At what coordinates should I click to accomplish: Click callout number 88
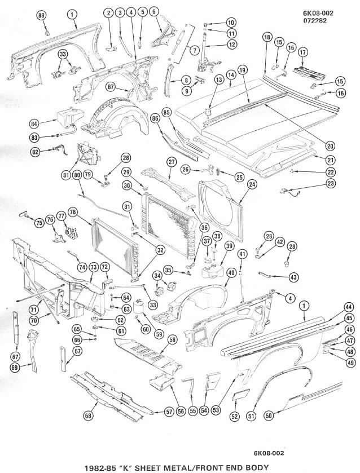(x=41, y=16)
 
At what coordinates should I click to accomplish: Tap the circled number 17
(x=303, y=52)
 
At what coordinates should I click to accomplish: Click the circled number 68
(x=88, y=415)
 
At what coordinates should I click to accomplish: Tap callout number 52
(x=234, y=417)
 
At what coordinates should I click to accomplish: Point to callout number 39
(x=230, y=246)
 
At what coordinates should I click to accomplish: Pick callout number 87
(x=111, y=86)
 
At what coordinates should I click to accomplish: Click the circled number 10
(x=231, y=23)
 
